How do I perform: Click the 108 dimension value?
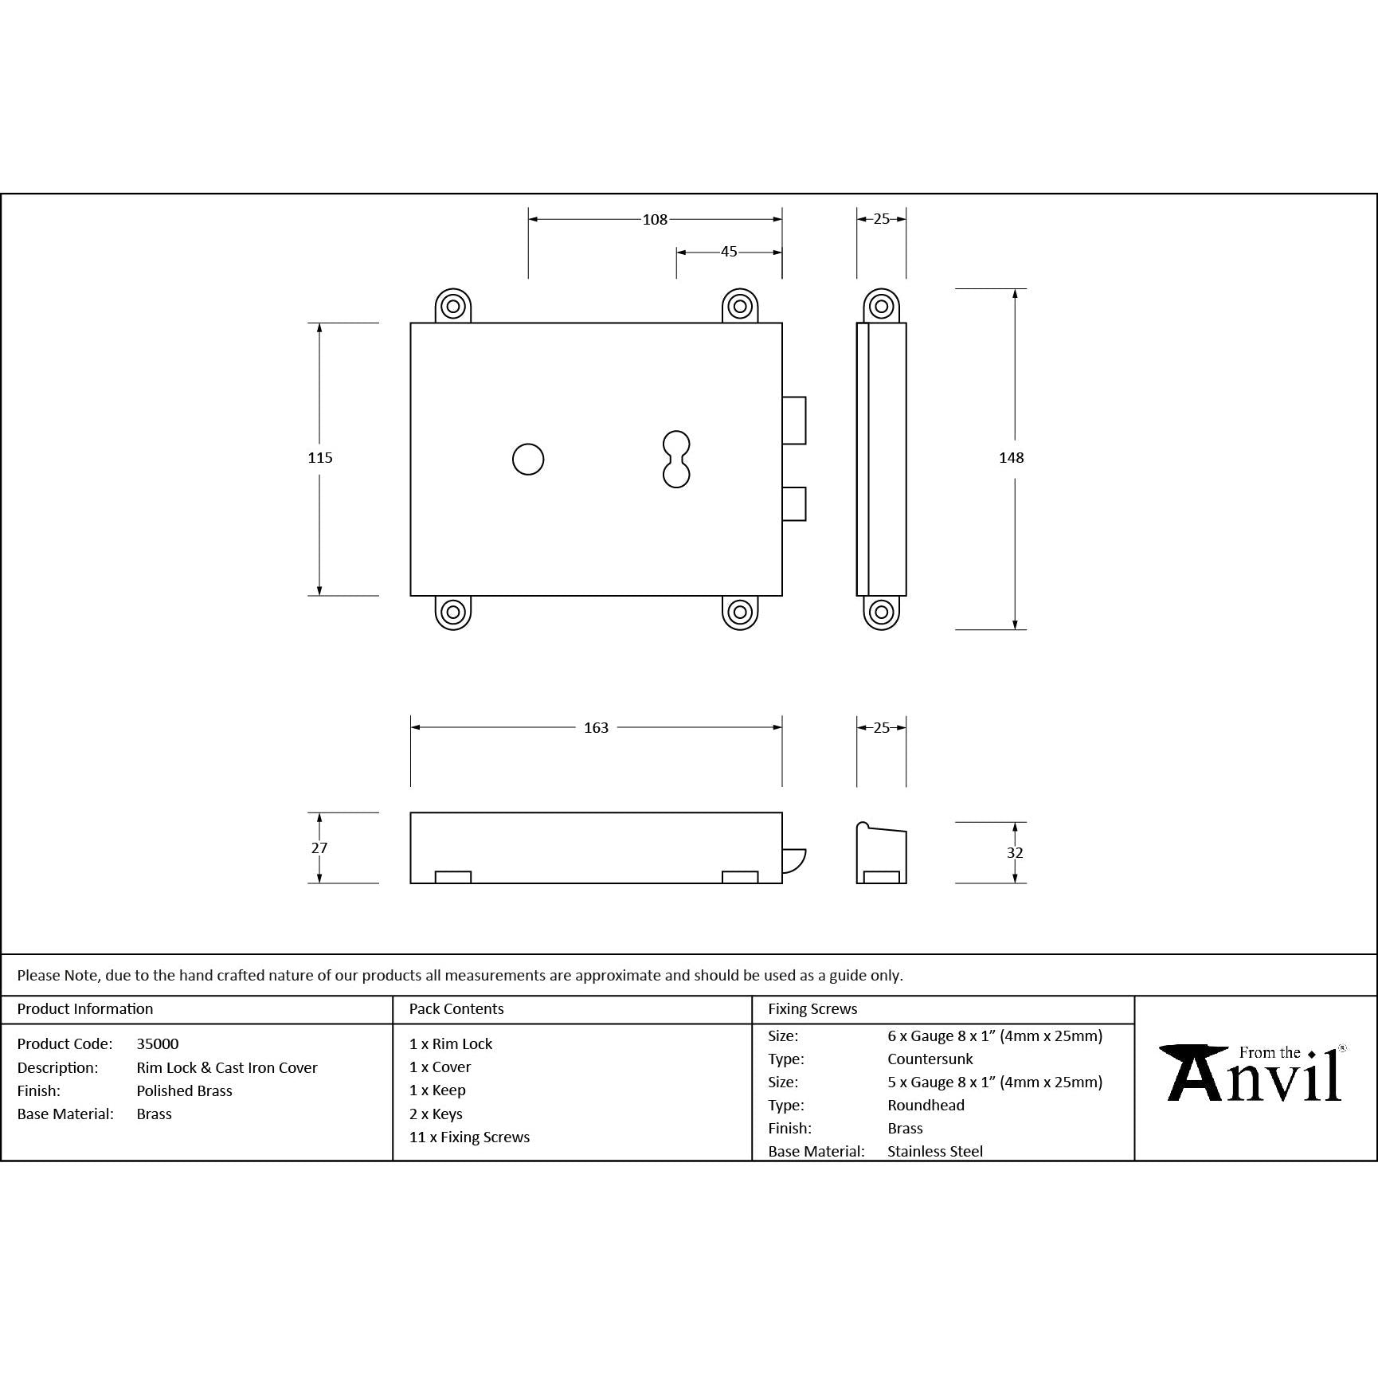[655, 220]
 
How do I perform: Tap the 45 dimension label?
[729, 252]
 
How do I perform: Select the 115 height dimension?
[320, 457]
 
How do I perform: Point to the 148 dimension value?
[1011, 457]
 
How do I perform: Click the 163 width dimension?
[596, 727]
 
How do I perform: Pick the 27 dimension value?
[319, 848]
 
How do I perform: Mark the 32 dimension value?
[1014, 853]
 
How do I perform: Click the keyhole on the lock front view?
[676, 460]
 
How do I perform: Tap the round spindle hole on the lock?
[528, 460]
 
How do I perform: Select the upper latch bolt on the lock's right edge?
[794, 420]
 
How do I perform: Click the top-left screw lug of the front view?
[453, 306]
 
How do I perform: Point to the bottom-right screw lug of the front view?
[740, 612]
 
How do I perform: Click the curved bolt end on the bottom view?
[793, 861]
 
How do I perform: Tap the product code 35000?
[158, 1043]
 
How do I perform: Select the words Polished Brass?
[184, 1090]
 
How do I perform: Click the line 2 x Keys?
[436, 1114]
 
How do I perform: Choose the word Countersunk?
[930, 1059]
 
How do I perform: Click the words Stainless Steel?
[934, 1151]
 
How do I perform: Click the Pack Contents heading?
[456, 1008]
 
